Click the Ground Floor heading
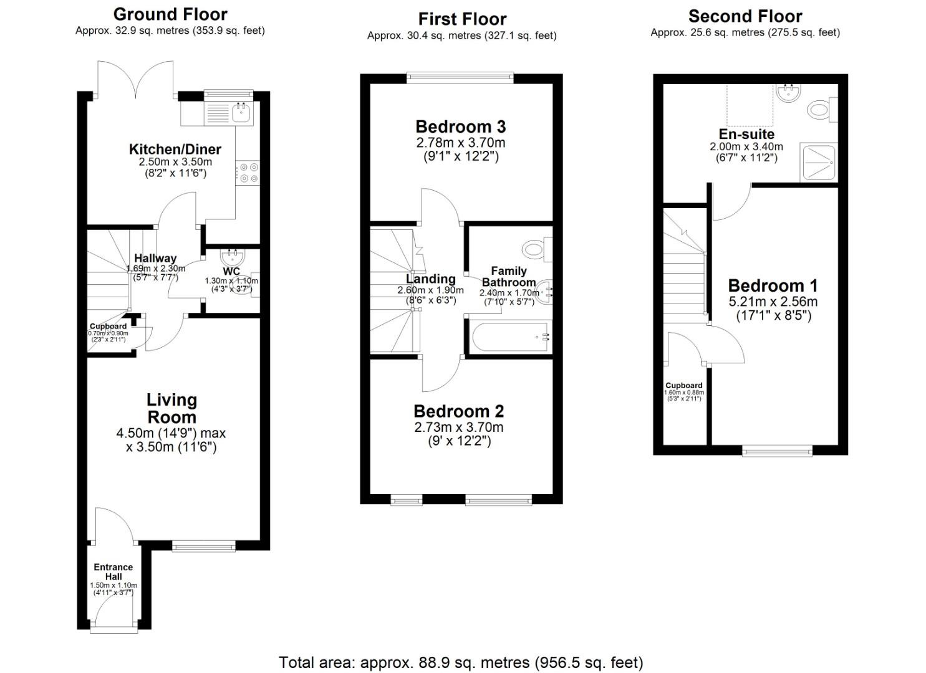coord(170,14)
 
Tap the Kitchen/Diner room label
coord(175,149)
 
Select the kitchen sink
coord(241,113)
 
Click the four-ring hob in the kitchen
coord(248,173)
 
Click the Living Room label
coord(171,408)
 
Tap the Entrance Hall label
coord(113,571)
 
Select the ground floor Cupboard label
coord(108,326)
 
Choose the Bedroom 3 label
coord(461,127)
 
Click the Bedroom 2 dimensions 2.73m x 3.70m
coord(458,427)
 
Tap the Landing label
coord(430,279)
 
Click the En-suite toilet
coord(821,111)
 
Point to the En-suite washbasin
coord(788,93)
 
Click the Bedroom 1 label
coord(773,285)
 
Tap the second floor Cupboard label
coord(684,385)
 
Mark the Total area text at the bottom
coord(461,662)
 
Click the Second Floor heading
coord(745,16)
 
